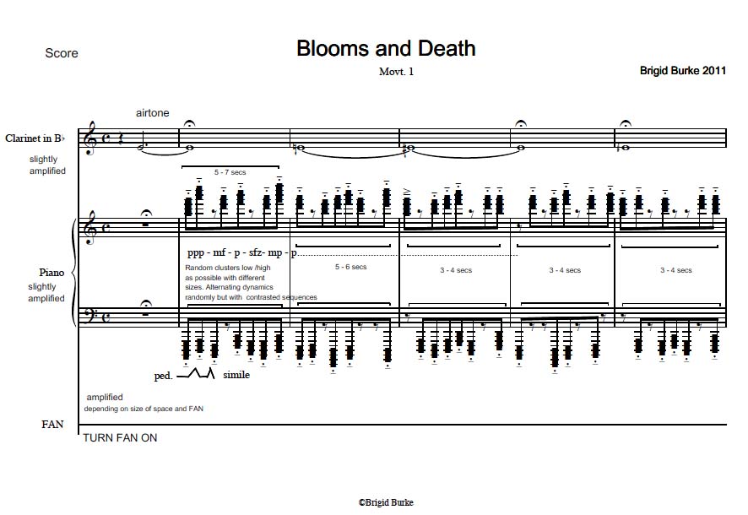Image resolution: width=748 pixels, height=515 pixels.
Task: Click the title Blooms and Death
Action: pyautogui.click(x=386, y=49)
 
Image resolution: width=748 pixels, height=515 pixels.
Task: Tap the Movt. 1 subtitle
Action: pyautogui.click(x=396, y=72)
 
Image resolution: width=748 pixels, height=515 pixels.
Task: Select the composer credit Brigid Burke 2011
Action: pyautogui.click(x=683, y=71)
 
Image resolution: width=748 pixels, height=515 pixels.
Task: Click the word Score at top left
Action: pyautogui.click(x=62, y=53)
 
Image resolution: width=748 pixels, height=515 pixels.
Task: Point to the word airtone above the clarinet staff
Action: pyautogui.click(x=152, y=113)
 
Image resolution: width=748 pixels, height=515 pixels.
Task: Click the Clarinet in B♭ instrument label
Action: pyautogui.click(x=35, y=138)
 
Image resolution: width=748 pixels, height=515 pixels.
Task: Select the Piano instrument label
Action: pyautogui.click(x=51, y=273)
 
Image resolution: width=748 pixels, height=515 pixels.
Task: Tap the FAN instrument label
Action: pyautogui.click(x=52, y=425)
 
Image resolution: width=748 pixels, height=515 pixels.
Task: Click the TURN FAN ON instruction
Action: pyautogui.click(x=120, y=437)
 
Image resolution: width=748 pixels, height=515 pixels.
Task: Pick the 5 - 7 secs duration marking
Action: pyautogui.click(x=230, y=172)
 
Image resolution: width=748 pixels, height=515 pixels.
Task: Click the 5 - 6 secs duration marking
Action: pyautogui.click(x=350, y=267)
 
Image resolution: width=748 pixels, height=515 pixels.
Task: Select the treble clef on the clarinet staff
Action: pyautogui.click(x=89, y=138)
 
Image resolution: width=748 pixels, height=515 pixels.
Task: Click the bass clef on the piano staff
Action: pyautogui.click(x=89, y=316)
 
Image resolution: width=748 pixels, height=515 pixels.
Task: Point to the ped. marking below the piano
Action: pyautogui.click(x=163, y=376)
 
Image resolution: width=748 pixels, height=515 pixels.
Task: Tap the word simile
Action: pyautogui.click(x=236, y=375)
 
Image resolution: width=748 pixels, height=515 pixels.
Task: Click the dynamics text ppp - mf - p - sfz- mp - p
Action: pyautogui.click(x=241, y=252)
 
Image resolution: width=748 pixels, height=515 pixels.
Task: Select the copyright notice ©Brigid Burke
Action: pyautogui.click(x=386, y=502)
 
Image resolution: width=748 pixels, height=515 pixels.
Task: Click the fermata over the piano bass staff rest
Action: pyautogui.click(x=146, y=304)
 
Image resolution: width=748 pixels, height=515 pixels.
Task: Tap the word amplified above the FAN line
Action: pyautogui.click(x=105, y=397)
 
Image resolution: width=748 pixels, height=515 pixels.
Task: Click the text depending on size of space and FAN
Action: pyautogui.click(x=144, y=409)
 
